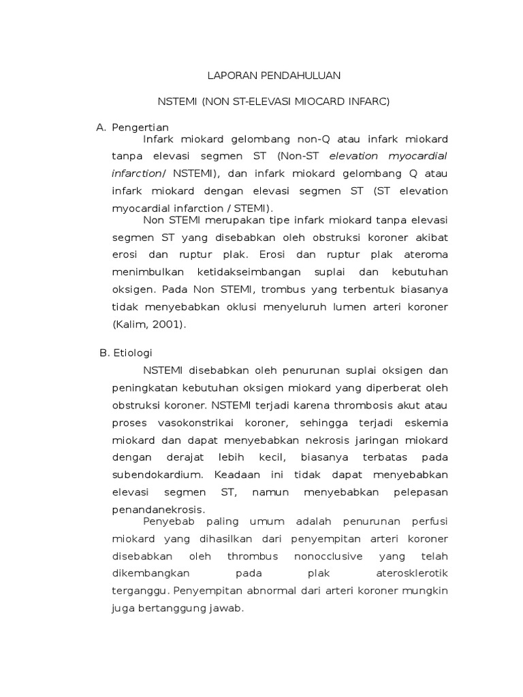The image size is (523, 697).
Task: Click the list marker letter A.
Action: pyautogui.click(x=101, y=127)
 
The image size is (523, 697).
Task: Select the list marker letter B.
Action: pyautogui.click(x=103, y=353)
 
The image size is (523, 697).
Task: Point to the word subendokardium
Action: pyautogui.click(x=159, y=474)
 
